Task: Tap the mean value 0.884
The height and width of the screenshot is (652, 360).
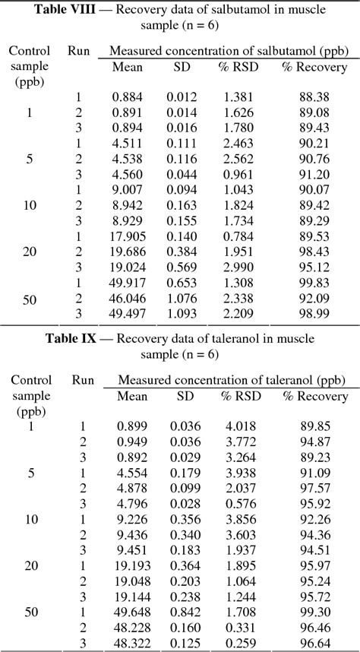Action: pyautogui.click(x=128, y=97)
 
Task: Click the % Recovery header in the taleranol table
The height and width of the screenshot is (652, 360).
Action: pyautogui.click(x=314, y=396)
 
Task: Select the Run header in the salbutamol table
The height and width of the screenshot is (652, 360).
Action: pyautogui.click(x=78, y=51)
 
